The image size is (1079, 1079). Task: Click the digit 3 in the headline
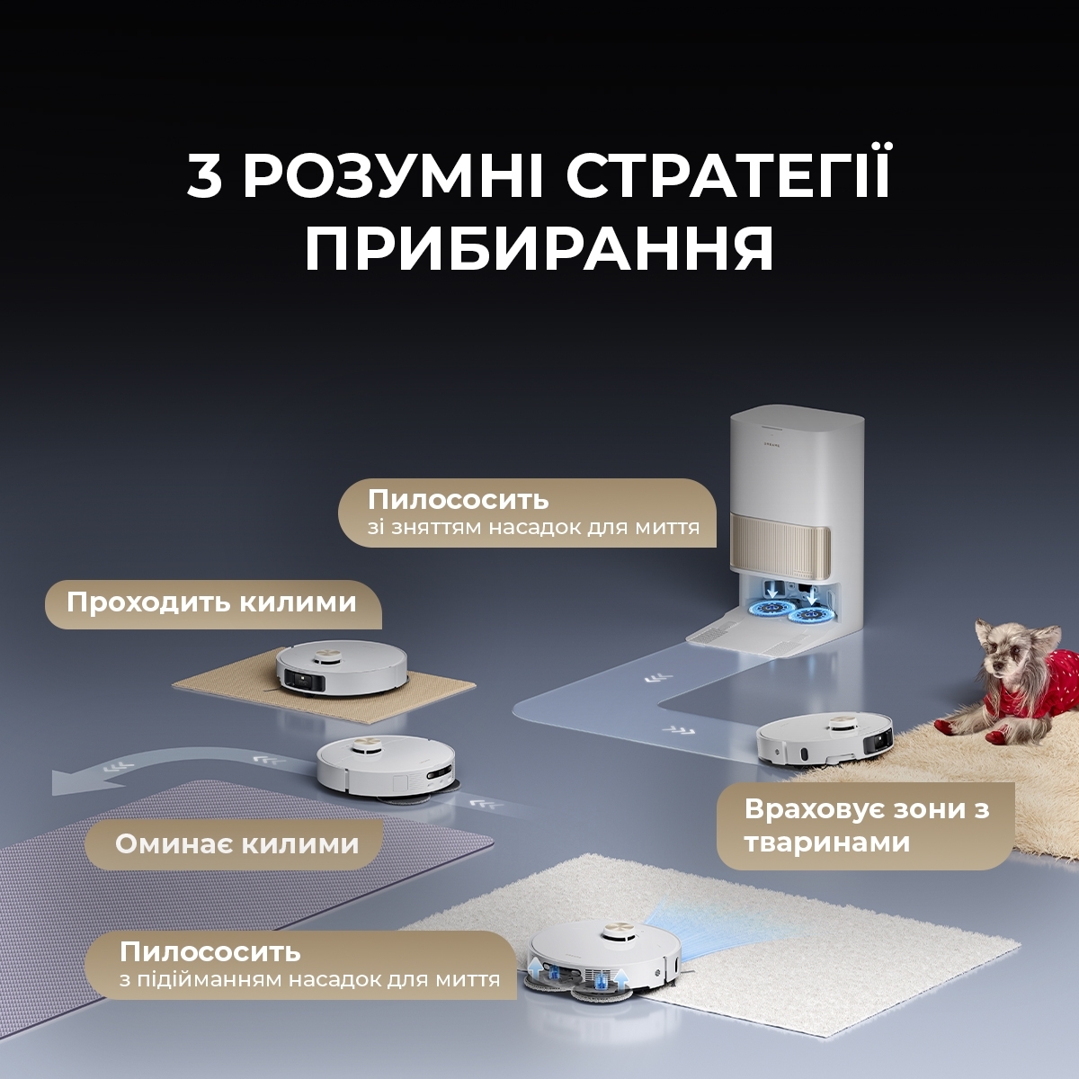coord(205,176)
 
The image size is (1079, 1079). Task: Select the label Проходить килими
coord(212,602)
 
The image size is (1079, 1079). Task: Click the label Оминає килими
coord(236,844)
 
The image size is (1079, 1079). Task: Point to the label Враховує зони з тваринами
coord(865,825)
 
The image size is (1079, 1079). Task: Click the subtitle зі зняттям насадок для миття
coord(533,528)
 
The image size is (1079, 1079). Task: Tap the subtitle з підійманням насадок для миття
coord(309,979)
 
